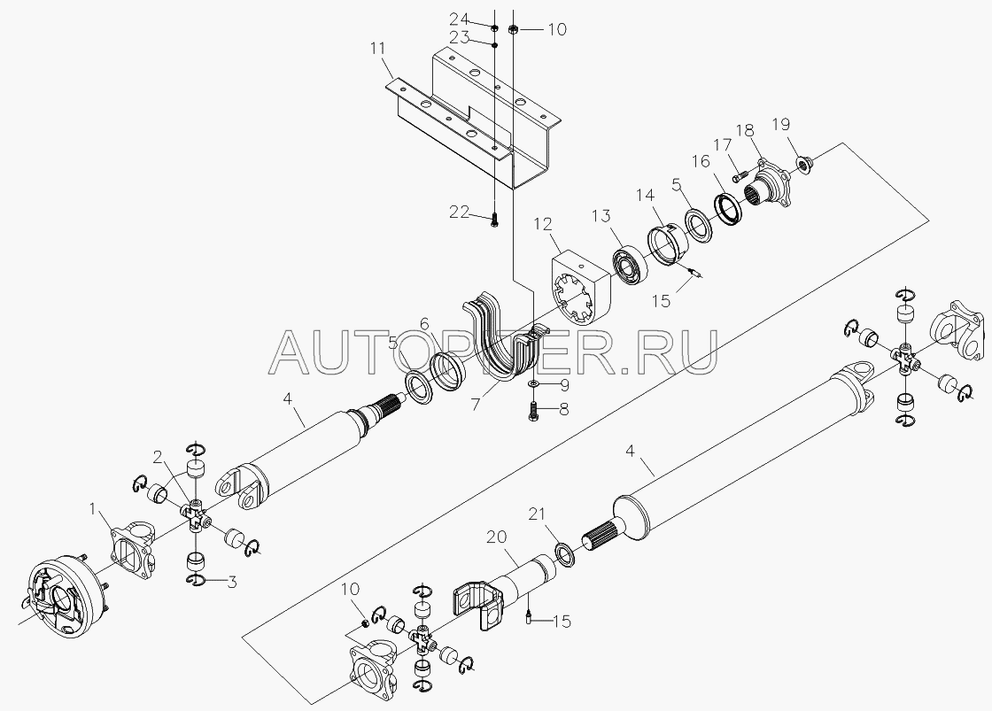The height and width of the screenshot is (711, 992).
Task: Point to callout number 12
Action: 543,224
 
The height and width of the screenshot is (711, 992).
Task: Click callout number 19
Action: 780,124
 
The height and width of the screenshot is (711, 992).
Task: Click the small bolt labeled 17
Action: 741,170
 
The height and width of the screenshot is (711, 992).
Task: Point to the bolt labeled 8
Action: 532,411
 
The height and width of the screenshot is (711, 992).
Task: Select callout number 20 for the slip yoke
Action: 497,537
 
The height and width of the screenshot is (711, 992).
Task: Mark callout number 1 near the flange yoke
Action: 93,508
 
